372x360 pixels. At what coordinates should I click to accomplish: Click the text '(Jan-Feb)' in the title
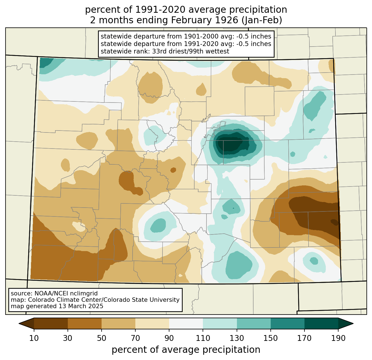[262, 20]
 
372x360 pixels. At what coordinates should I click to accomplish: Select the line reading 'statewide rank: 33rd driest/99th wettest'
[165, 51]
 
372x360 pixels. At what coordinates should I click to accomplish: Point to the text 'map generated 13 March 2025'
[57, 306]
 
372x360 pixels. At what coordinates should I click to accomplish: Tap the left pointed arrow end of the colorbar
[26, 324]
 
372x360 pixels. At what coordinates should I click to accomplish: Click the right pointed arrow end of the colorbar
[346, 324]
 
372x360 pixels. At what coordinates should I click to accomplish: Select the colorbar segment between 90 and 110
[186, 324]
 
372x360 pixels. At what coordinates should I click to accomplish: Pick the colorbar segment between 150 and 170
[288, 324]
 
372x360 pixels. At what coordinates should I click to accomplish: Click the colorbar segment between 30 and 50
[84, 324]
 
